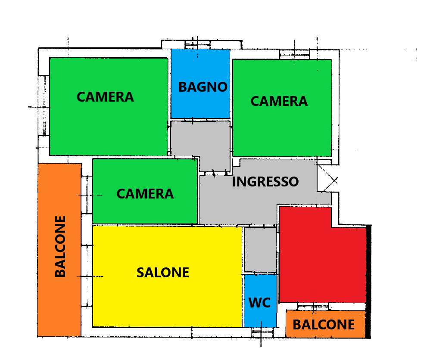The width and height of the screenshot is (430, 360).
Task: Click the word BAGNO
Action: pos(203,87)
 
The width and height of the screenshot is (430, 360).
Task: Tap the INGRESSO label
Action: pos(265,182)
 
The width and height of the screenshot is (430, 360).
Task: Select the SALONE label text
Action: pos(163,273)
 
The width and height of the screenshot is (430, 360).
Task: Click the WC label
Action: pos(259,303)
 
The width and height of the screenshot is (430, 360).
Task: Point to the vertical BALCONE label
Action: pos(60,246)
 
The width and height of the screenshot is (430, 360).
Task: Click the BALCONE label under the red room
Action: pos(324,325)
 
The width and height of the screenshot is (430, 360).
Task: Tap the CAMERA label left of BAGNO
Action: pos(105,97)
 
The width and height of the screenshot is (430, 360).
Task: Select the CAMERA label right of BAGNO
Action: pos(279,101)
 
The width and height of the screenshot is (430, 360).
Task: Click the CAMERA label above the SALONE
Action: pos(145,194)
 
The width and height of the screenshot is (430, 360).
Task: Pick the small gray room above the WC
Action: pos(260,250)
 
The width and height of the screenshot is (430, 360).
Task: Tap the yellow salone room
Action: pos(167,276)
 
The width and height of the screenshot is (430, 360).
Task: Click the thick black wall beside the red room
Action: pos(369,282)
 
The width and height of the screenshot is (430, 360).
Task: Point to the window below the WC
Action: pos(262,332)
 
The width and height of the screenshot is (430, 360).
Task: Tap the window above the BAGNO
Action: pos(198,45)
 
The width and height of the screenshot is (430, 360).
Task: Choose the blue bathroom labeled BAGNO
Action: pos(200,84)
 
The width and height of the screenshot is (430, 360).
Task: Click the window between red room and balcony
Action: pos(313,306)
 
